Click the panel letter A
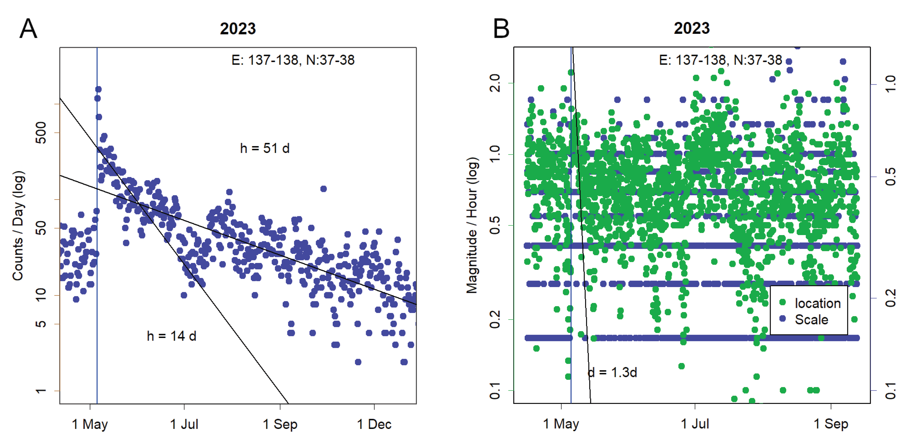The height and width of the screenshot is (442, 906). tap(28, 29)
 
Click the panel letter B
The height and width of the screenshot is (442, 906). tap(501, 29)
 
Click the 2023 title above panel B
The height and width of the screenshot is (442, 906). tap(692, 28)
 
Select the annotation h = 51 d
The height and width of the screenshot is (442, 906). tap(264, 148)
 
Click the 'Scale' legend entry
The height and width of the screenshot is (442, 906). tap(811, 319)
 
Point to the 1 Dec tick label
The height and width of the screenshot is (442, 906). tap(374, 424)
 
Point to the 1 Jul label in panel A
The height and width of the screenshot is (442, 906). tap(184, 424)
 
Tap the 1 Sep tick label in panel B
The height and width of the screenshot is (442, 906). tap(831, 424)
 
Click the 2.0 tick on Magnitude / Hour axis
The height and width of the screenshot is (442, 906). tap(495, 83)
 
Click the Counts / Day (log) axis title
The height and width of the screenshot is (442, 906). tap(18, 226)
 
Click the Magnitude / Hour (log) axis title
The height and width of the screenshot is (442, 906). tap(472, 225)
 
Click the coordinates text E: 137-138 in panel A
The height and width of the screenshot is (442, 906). tap(293, 60)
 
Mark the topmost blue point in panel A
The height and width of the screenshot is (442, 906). tap(98, 89)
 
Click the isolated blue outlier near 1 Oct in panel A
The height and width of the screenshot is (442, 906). tap(324, 189)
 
